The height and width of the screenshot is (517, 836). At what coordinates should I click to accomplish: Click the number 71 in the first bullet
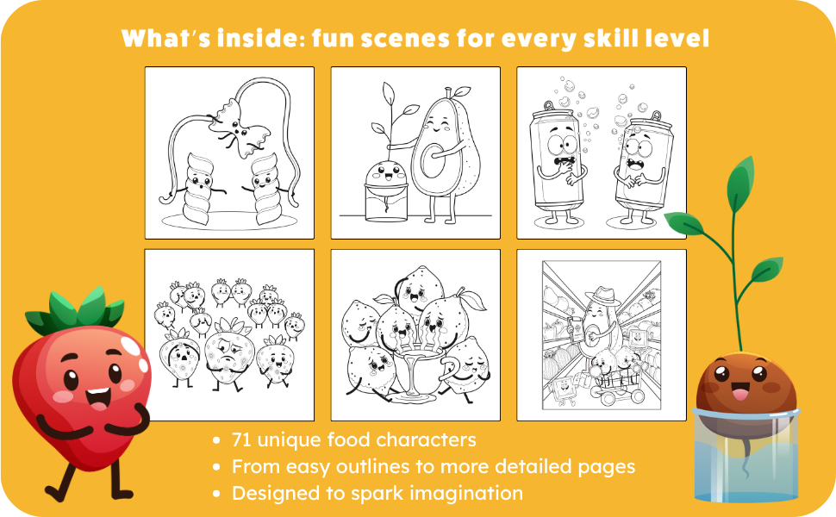click(241, 440)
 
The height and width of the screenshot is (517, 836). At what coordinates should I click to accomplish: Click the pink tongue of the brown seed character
click(739, 394)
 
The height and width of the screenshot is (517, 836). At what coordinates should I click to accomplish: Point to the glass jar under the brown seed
click(746, 456)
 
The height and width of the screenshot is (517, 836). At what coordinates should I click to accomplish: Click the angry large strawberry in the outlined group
click(228, 352)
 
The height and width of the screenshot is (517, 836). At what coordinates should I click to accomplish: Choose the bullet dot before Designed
click(216, 494)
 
